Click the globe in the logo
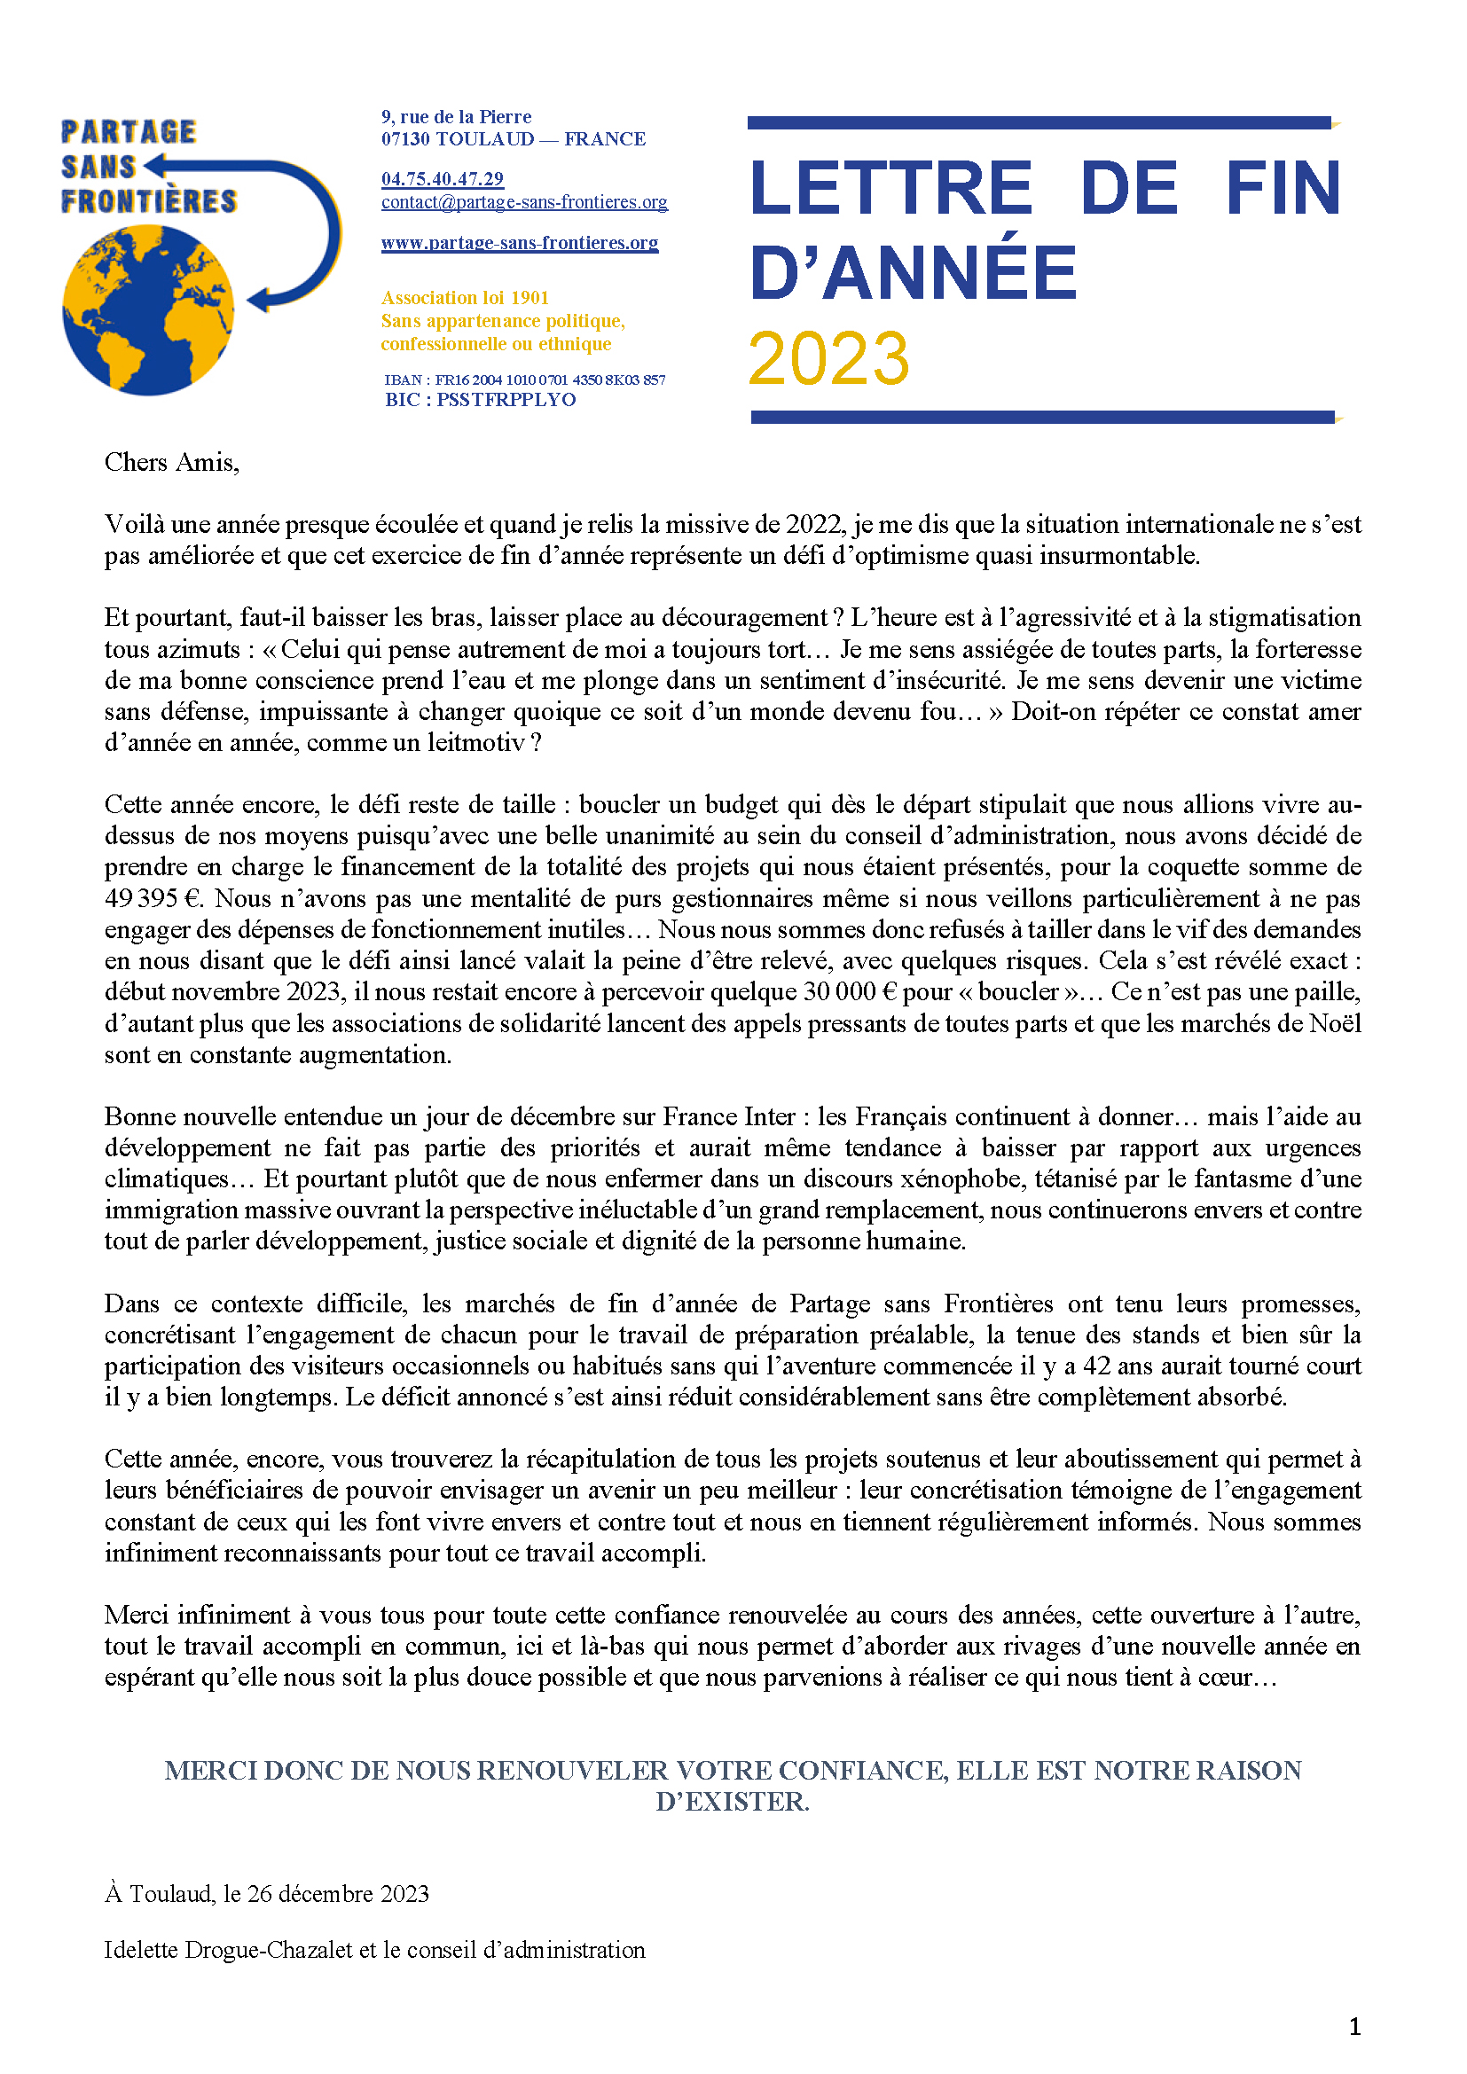148,309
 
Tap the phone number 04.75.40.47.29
442,179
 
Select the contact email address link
524,202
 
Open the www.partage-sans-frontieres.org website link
520,243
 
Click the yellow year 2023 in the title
828,358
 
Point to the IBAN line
525,380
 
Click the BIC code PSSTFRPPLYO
506,400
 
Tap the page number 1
1354,2027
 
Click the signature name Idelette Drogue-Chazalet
228,1949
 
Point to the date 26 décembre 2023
338,1893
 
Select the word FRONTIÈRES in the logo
149,201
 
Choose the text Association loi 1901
464,298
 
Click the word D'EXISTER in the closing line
732,1801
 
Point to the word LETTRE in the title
890,189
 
